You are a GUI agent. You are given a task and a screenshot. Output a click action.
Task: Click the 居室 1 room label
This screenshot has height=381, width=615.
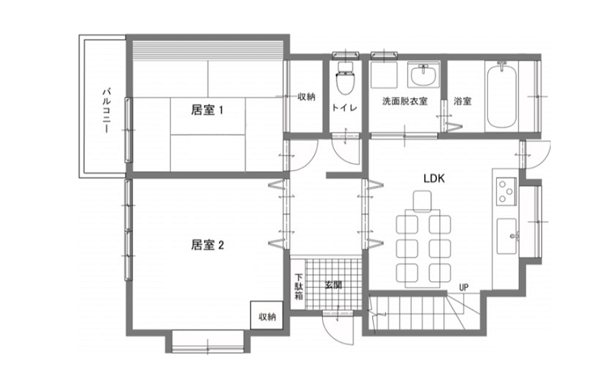[207, 109]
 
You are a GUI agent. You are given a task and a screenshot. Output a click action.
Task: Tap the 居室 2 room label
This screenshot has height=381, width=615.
[207, 245]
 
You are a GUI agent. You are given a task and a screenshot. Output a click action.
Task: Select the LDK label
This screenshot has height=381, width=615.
[435, 178]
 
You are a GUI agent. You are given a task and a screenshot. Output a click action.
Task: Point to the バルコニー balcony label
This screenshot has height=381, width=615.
[106, 111]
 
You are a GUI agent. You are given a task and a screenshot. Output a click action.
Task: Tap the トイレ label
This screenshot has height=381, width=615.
[345, 107]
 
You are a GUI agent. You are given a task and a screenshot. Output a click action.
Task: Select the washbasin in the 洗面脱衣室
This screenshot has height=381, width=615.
[423, 75]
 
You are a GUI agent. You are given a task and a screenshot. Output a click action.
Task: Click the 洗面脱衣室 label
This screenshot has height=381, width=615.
[405, 101]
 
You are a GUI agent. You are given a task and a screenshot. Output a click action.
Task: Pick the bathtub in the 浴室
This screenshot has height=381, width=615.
[502, 94]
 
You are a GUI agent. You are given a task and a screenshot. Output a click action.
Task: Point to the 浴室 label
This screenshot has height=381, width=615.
[462, 101]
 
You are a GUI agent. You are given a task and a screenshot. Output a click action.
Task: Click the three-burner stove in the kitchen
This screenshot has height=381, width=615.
[506, 191]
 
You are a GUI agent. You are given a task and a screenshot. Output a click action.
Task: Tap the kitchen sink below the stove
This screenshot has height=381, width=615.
[507, 237]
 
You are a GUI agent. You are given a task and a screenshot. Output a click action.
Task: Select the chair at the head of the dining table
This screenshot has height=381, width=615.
[422, 200]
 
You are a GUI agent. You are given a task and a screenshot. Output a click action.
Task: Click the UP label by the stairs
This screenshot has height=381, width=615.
[464, 288]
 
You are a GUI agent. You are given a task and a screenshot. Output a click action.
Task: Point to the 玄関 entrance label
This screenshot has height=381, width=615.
[333, 285]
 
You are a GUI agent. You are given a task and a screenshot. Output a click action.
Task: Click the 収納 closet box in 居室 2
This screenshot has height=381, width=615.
[267, 315]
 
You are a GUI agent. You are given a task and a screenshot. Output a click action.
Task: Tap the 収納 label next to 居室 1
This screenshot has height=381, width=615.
[307, 96]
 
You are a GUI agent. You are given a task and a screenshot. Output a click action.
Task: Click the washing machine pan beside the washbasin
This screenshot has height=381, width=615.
[384, 75]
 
